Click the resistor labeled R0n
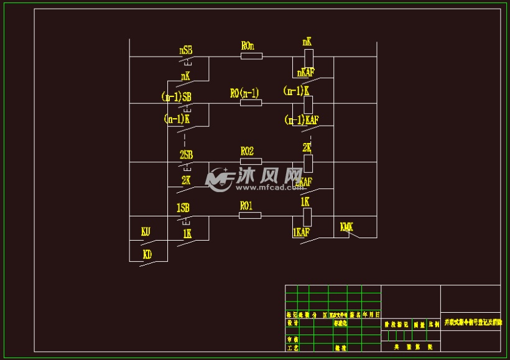tap(251, 56)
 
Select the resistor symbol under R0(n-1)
tap(251, 103)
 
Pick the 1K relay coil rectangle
tap(307, 216)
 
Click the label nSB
tap(185, 49)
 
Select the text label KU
tap(146, 232)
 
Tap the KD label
tap(147, 254)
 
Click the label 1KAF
tap(301, 232)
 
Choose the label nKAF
tap(306, 73)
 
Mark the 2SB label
tap(186, 154)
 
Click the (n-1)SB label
tap(176, 96)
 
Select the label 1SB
tap(183, 208)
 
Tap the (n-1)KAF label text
tap(302, 119)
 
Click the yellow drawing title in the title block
tap(470, 323)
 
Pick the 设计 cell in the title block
tap(292, 323)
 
